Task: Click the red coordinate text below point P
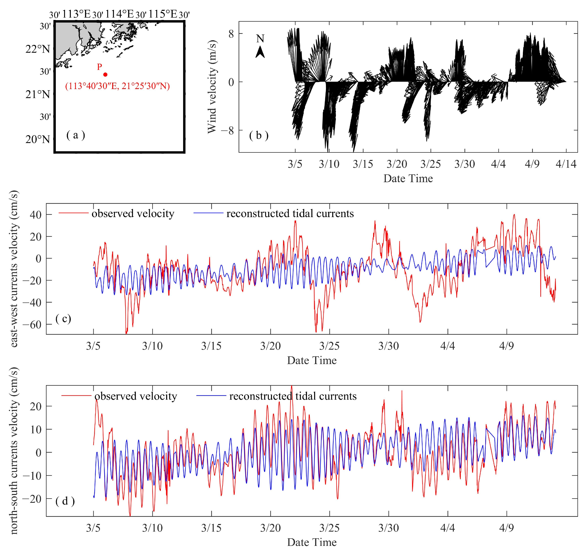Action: click(117, 86)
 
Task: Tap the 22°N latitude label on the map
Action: click(38, 49)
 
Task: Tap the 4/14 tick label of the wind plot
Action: click(566, 164)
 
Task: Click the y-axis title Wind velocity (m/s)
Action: click(212, 87)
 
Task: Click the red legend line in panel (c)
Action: click(73, 213)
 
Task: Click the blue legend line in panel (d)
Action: click(211, 396)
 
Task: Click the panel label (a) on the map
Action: click(76, 135)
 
